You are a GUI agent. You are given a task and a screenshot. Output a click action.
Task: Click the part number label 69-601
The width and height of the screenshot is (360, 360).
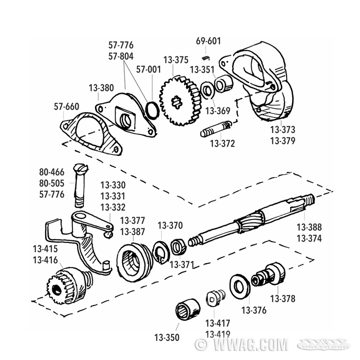[208, 41]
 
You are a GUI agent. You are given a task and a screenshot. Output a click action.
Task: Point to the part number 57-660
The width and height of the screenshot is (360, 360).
[66, 107]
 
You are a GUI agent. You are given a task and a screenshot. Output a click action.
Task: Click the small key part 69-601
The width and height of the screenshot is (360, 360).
[206, 57]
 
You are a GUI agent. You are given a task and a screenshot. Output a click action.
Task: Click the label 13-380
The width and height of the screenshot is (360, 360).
[102, 88]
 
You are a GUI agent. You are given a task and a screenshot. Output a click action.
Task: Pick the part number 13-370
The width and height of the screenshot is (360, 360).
[170, 225]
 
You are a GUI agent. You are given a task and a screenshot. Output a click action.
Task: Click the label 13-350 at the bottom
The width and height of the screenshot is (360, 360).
[167, 337]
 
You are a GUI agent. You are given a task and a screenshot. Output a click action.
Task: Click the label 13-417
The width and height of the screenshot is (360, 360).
[218, 323]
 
